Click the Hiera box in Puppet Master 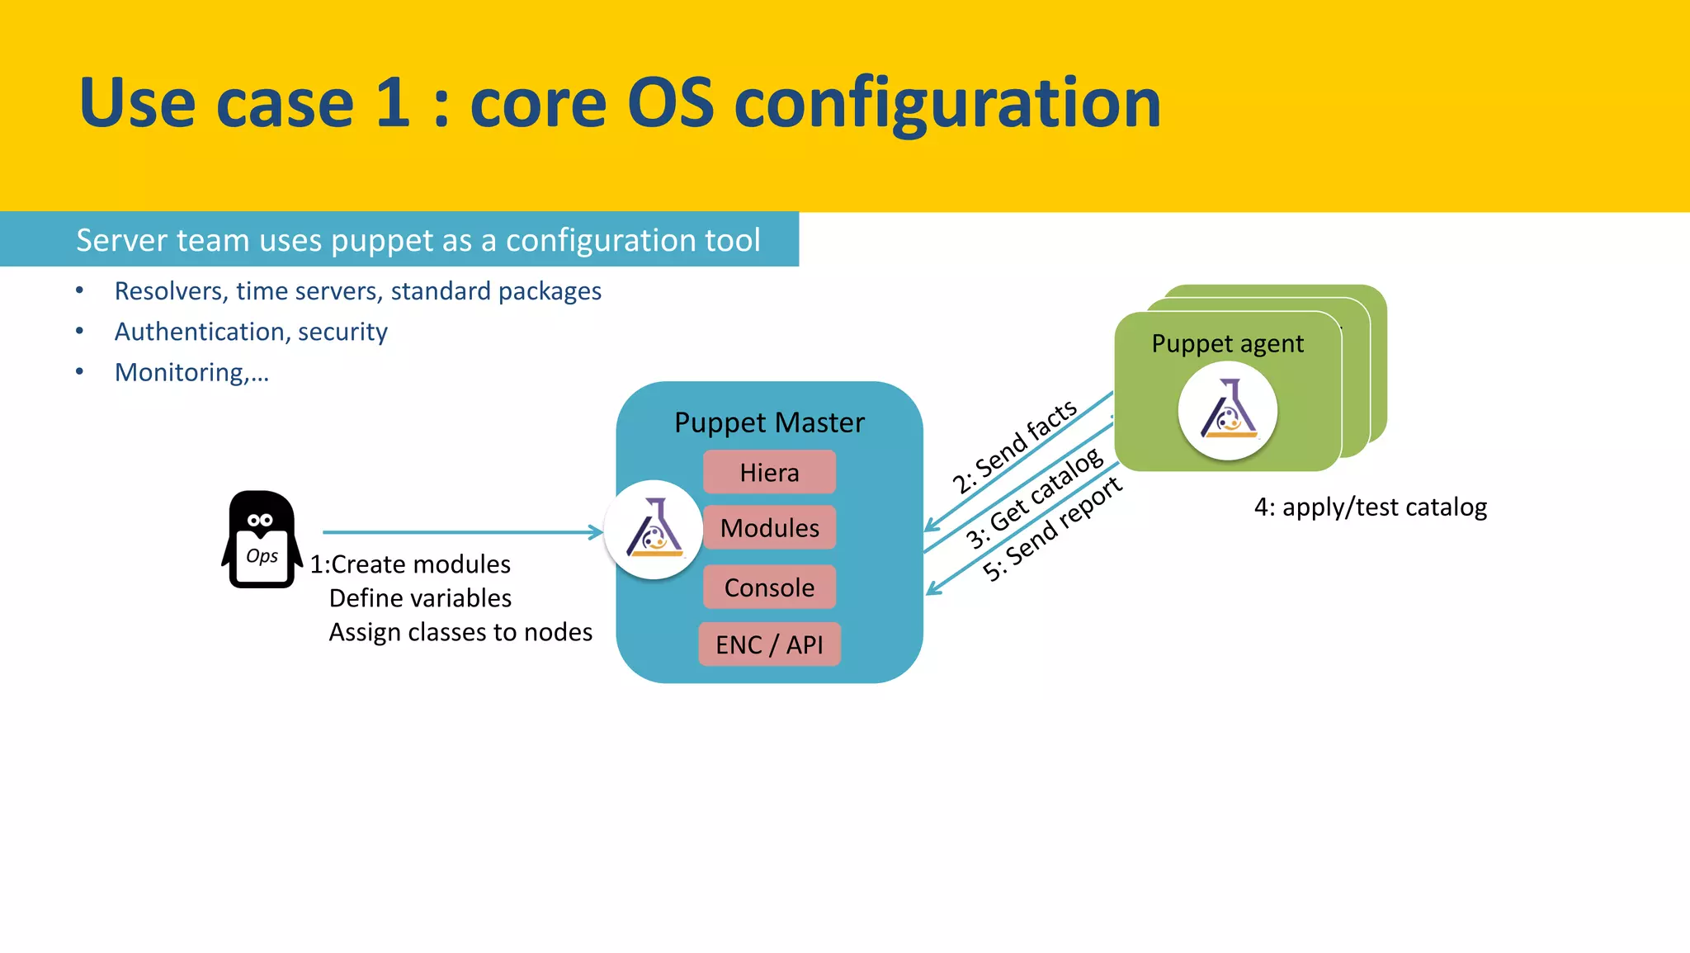click(x=769, y=472)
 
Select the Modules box click(x=769, y=528)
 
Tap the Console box click(x=769, y=587)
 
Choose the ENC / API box click(x=769, y=644)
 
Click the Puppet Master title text click(x=769, y=422)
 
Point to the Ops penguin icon click(x=262, y=540)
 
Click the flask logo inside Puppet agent click(x=1228, y=410)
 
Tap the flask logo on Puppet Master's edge click(x=654, y=530)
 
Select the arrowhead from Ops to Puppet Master click(x=596, y=532)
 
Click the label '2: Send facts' click(x=1014, y=446)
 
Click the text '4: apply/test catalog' click(x=1370, y=507)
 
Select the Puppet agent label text click(x=1227, y=343)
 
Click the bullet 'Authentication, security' click(x=251, y=332)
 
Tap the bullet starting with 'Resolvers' click(x=357, y=291)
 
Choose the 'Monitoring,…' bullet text click(x=191, y=372)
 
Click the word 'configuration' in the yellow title click(x=946, y=104)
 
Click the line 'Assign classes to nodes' click(x=460, y=632)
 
